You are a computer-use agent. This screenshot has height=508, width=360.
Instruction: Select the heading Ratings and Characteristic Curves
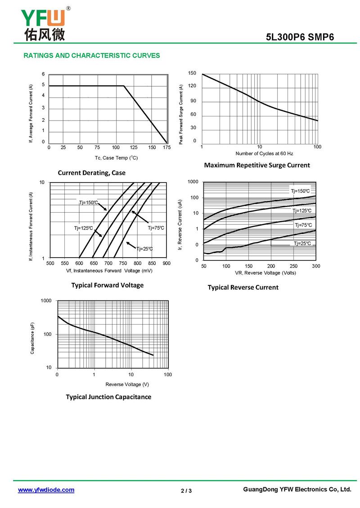pyautogui.click(x=91, y=56)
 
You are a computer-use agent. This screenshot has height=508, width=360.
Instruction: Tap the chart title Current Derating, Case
pyautogui.click(x=92, y=173)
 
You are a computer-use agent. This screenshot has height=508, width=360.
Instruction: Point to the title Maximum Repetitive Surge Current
pyautogui.click(x=257, y=165)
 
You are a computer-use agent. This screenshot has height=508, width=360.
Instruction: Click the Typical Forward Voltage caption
pyautogui.click(x=108, y=285)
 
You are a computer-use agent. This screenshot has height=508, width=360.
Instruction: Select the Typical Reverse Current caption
pyautogui.click(x=243, y=287)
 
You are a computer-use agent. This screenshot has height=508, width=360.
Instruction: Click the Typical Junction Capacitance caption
pyautogui.click(x=108, y=397)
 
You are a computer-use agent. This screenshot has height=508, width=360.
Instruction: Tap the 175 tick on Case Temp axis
pyautogui.click(x=166, y=147)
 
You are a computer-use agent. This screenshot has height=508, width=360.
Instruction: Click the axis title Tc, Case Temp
pyautogui.click(x=116, y=158)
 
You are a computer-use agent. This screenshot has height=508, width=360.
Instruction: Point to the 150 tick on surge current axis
pyautogui.click(x=192, y=73)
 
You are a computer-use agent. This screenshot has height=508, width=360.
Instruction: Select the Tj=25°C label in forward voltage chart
pyautogui.click(x=144, y=249)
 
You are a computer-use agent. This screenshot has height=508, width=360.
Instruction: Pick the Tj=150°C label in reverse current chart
pyautogui.click(x=300, y=192)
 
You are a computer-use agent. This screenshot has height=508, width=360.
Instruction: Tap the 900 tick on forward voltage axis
pyautogui.click(x=166, y=263)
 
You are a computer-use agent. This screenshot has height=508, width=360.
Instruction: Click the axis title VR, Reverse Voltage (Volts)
pyautogui.click(x=259, y=273)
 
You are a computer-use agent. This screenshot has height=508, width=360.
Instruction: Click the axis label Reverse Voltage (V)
pyautogui.click(x=127, y=384)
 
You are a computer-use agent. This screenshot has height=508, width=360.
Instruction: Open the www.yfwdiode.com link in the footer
pyautogui.click(x=46, y=490)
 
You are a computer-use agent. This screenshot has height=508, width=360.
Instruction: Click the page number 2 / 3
pyautogui.click(x=186, y=490)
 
